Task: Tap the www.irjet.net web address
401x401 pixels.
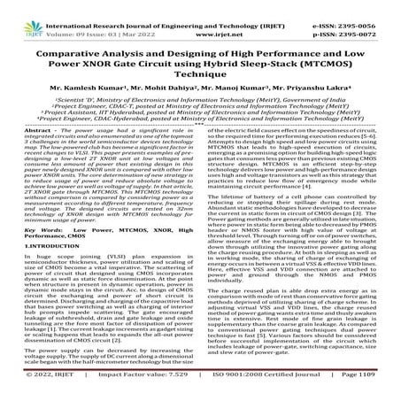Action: (x=197, y=18)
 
